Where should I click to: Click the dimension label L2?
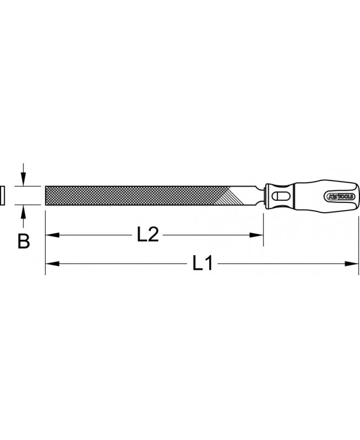pos(148,235)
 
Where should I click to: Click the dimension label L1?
pos(203,263)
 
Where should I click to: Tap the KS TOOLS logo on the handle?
pos(341,196)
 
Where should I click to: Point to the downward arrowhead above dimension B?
pos(23,180)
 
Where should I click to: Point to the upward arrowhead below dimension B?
pos(23,211)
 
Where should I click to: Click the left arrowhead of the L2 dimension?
pos(52,235)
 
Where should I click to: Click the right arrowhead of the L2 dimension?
pos(257,235)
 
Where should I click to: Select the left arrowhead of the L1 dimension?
pos(52,263)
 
